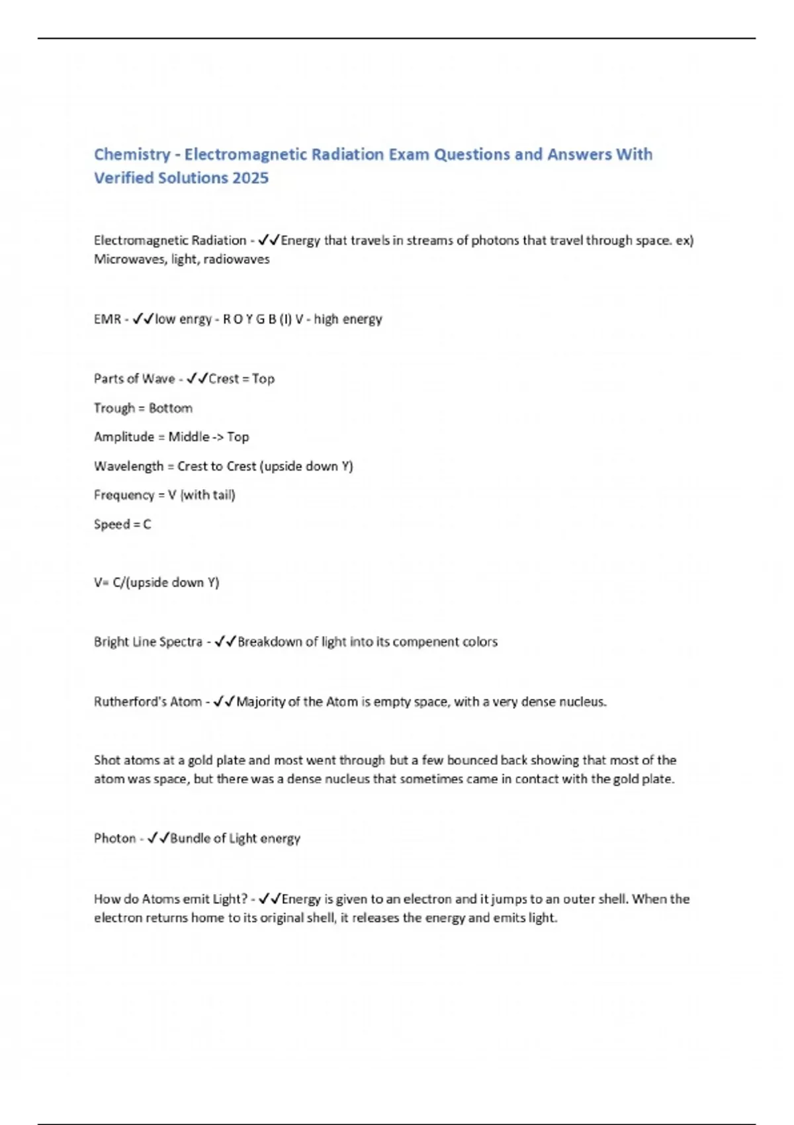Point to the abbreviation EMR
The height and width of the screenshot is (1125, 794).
(107, 320)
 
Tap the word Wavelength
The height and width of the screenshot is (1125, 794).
(128, 467)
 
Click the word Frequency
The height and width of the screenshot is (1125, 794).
(124, 495)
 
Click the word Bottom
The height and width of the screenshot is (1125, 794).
(171, 408)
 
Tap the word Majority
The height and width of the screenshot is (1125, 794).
(261, 702)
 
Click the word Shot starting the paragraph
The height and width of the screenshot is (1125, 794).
(107, 760)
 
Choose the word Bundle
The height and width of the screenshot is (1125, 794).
(190, 839)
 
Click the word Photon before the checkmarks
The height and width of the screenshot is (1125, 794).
(114, 839)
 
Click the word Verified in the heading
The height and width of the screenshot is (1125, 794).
(124, 179)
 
